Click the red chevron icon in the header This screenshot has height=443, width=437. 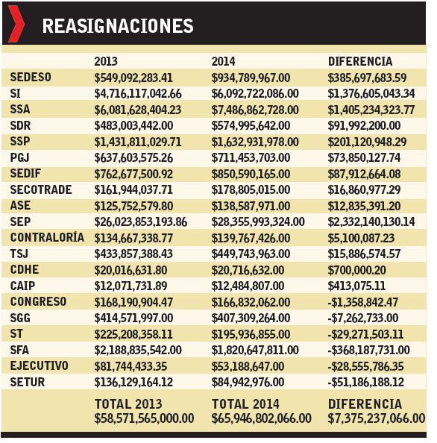point(16,24)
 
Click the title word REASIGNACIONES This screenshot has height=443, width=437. point(118,26)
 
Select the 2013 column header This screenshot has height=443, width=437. point(106,61)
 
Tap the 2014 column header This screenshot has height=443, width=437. point(223,61)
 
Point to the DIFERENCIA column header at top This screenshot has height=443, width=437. point(360,61)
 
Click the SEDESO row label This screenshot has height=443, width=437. point(31,77)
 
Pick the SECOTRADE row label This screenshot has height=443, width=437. point(41,189)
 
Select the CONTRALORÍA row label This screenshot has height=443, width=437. point(47,237)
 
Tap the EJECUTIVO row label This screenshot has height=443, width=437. point(39,366)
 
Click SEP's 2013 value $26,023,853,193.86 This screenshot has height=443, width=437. point(141,222)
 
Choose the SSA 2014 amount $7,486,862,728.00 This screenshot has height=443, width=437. point(255,110)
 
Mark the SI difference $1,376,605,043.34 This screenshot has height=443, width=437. point(371,94)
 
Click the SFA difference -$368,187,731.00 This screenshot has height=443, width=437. point(369,351)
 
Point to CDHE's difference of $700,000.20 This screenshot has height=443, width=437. point(356,271)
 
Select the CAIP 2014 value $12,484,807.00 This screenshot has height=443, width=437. point(248,286)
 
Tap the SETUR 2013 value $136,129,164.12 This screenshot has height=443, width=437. point(133,383)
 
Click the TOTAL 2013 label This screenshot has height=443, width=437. point(128,403)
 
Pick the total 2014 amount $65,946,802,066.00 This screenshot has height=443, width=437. point(261,418)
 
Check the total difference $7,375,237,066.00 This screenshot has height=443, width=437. point(377,418)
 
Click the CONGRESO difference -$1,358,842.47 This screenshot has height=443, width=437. point(363,302)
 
